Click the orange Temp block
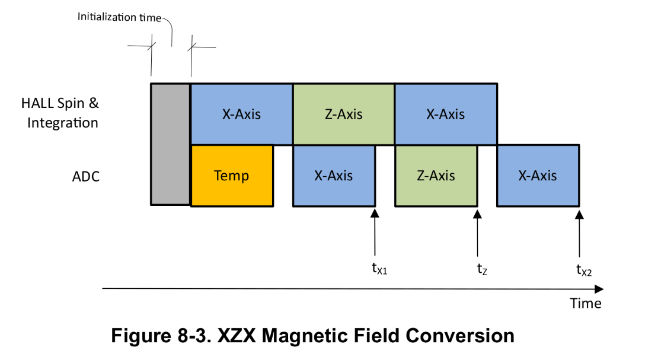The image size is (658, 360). click(232, 176)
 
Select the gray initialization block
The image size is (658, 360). click(170, 144)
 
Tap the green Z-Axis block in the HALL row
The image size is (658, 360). click(344, 114)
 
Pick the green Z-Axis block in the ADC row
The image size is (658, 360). click(436, 176)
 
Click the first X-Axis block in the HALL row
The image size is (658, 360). click(241, 114)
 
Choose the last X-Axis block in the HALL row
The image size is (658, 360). click(446, 114)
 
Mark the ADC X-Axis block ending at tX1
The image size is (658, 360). click(334, 176)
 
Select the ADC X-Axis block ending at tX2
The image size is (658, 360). click(538, 176)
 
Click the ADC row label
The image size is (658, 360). click(85, 176)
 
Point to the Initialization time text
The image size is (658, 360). click(119, 17)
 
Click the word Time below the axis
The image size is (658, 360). click(585, 303)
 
